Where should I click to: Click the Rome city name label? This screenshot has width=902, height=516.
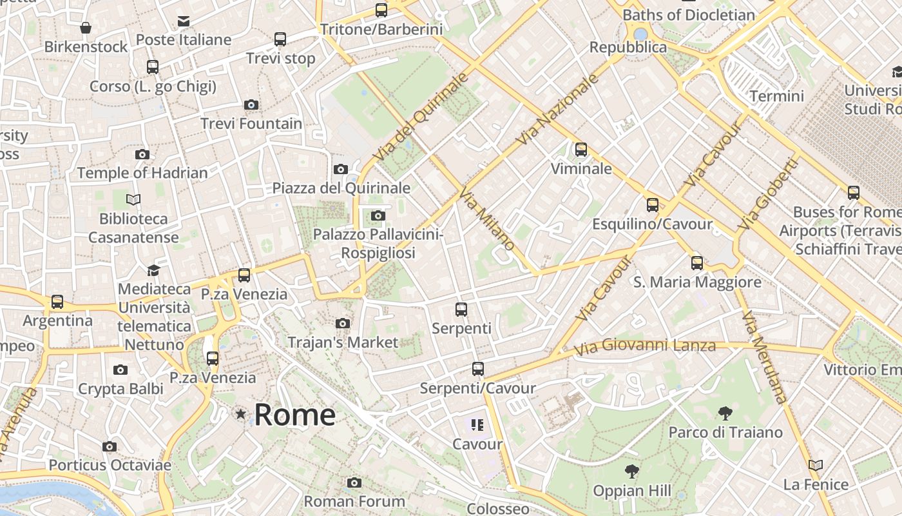click(x=294, y=415)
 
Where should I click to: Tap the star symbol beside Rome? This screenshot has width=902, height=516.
click(x=241, y=413)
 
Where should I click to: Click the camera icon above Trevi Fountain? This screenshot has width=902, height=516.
click(x=251, y=104)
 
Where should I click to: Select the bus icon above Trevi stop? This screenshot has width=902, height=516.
click(x=280, y=39)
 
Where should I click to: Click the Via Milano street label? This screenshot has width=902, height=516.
click(x=487, y=219)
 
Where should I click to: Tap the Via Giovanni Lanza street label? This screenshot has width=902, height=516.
click(x=644, y=346)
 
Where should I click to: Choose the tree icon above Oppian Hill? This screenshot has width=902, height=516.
click(x=632, y=471)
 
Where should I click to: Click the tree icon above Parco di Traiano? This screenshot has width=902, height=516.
click(x=725, y=413)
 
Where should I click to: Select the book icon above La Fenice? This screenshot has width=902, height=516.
click(x=816, y=465)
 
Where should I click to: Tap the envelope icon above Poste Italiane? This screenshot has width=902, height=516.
click(x=184, y=21)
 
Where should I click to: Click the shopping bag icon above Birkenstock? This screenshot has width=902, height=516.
click(x=86, y=28)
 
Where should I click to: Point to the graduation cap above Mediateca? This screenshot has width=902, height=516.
click(x=154, y=270)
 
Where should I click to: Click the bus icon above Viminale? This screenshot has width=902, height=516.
click(x=581, y=150)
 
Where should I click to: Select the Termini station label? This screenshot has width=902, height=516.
click(x=777, y=96)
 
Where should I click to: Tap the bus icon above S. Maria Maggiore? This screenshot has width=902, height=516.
click(x=697, y=263)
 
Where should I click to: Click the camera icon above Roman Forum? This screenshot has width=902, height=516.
click(x=354, y=482)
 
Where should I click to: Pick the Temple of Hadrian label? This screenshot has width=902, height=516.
click(x=142, y=173)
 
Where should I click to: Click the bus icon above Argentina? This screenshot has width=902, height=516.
click(x=57, y=301)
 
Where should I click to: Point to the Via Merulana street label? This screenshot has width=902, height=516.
click(x=764, y=358)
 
